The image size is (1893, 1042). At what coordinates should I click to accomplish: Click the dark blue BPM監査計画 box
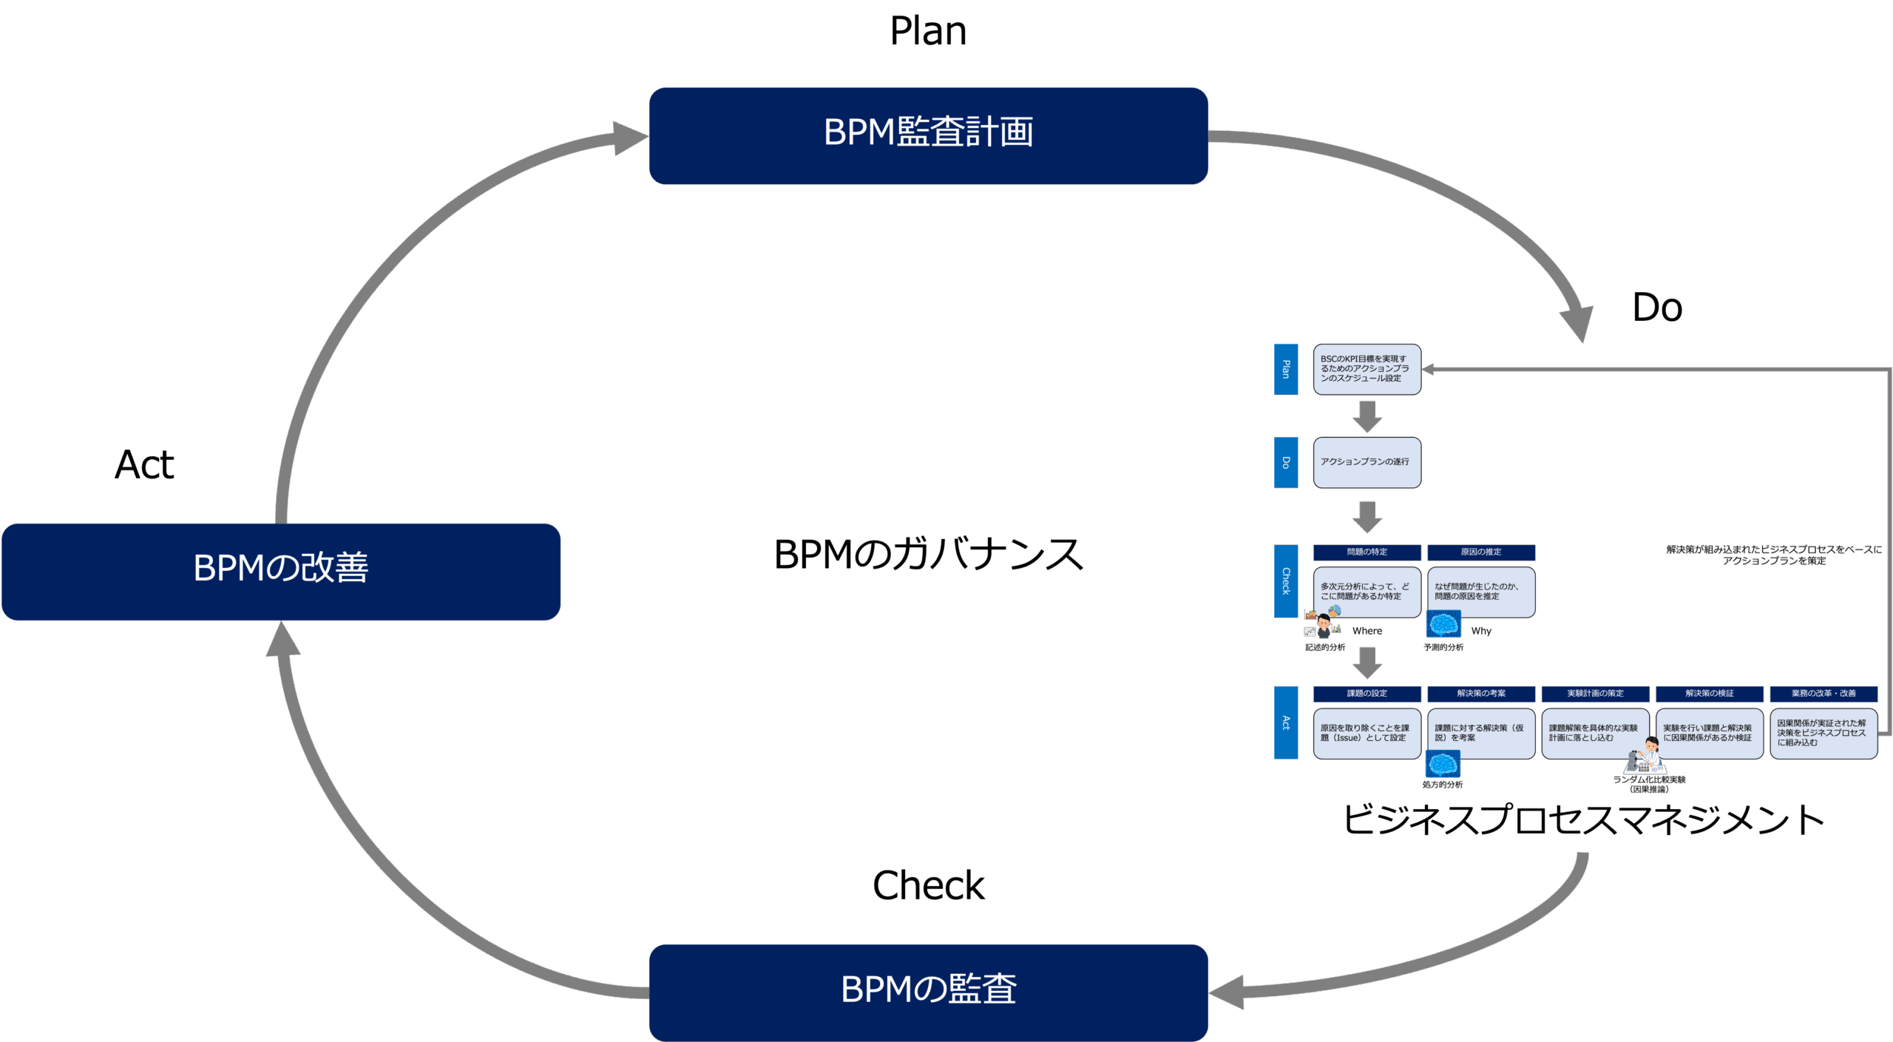click(x=928, y=136)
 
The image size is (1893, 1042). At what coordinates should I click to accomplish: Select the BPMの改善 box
click(x=281, y=572)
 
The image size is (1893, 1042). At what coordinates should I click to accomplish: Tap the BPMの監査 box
click(x=928, y=992)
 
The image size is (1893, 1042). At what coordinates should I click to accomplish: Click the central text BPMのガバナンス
click(x=928, y=555)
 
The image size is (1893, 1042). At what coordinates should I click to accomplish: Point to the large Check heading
click(x=928, y=885)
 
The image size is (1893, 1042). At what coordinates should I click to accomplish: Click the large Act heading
click(x=144, y=465)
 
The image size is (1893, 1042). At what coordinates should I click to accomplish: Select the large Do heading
click(x=1657, y=308)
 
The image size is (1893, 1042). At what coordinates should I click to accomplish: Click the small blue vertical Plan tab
click(x=1286, y=369)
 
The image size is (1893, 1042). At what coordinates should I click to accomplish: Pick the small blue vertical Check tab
click(x=1286, y=581)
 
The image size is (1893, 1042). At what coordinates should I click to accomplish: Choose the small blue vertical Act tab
click(x=1286, y=723)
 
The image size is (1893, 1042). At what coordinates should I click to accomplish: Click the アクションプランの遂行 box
click(x=1367, y=462)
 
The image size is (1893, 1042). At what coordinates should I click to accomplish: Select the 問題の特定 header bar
click(x=1367, y=552)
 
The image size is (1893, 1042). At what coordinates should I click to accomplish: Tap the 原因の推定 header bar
click(x=1481, y=552)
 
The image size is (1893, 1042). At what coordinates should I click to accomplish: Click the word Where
click(x=1367, y=631)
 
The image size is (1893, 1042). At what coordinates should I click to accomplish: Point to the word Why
click(x=1481, y=631)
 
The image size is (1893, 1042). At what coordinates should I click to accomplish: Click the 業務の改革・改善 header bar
click(x=1823, y=694)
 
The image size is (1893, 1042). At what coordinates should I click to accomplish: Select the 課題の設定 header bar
click(x=1367, y=694)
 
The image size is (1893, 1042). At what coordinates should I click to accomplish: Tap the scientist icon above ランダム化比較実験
click(x=1646, y=755)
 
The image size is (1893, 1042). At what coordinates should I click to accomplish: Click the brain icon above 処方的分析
click(x=1443, y=764)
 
